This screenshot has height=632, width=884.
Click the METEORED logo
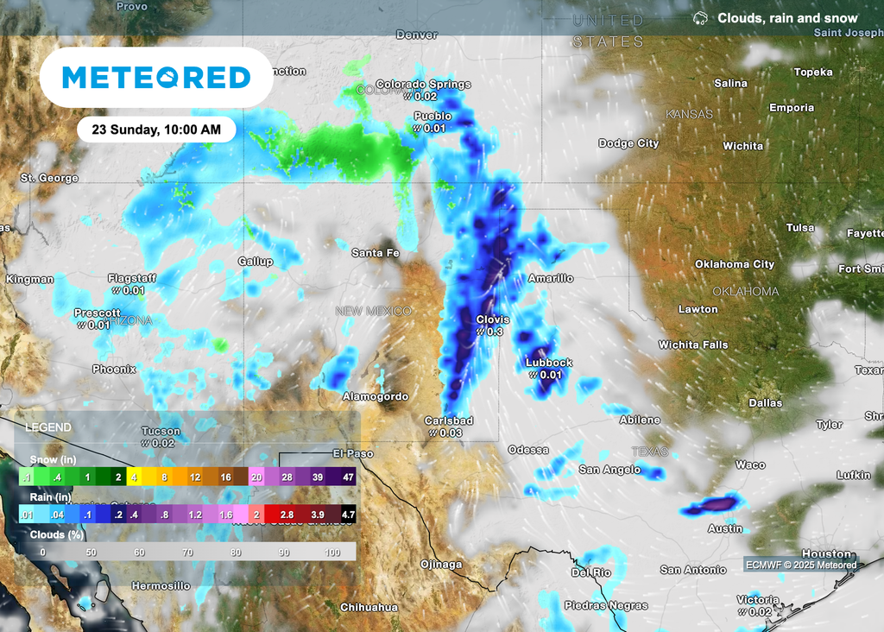point(156,78)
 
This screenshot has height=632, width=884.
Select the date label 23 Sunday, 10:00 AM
point(155,130)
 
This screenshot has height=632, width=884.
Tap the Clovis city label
point(493,319)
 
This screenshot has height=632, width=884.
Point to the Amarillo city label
point(551,278)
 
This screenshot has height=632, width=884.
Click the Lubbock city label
point(549,363)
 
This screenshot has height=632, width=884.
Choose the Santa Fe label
point(376,253)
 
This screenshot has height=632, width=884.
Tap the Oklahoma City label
point(735,264)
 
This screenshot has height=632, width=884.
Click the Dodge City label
point(628,143)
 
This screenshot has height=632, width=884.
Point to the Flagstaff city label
point(132,278)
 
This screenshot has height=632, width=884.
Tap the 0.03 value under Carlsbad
point(450,433)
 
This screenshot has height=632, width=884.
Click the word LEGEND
point(49,427)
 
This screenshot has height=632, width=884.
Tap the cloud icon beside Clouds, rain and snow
point(700,18)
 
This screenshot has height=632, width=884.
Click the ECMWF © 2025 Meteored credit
point(803,566)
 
